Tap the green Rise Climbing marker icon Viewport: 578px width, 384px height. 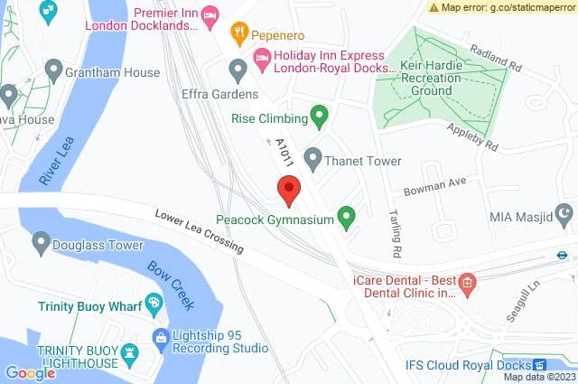[x=318, y=116]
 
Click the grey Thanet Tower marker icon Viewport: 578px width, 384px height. [x=312, y=160]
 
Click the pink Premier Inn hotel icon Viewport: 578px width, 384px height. [x=210, y=14]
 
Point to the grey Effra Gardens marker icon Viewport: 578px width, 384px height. [x=238, y=70]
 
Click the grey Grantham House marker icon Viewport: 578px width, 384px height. [x=53, y=70]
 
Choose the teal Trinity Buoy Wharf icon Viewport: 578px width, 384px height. [x=154, y=304]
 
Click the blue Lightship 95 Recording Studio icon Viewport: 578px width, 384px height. [x=161, y=341]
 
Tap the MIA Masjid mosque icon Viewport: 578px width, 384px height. [x=564, y=216]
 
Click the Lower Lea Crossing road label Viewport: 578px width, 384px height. [x=199, y=232]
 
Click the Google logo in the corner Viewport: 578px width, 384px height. [x=30, y=372]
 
